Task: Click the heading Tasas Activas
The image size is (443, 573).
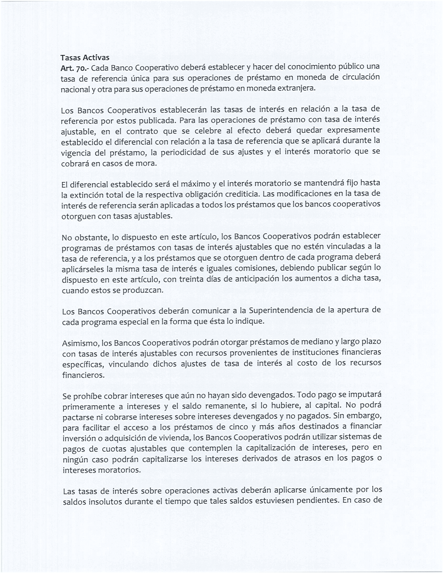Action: tap(85, 58)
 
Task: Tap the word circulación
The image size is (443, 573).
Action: tap(361, 78)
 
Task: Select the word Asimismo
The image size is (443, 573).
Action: tap(80, 343)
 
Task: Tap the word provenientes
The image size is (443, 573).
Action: tap(253, 353)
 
